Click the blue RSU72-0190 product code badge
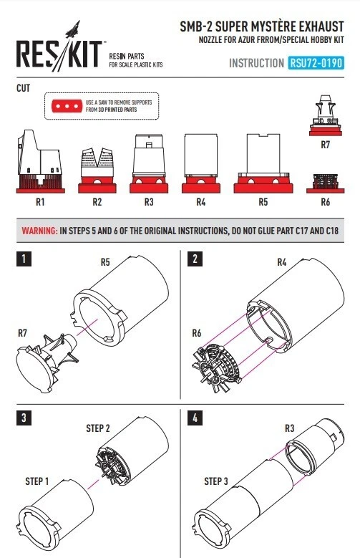pos(316,63)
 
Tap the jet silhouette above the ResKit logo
pos(73,29)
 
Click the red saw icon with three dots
pos(67,106)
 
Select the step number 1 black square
pos(24,259)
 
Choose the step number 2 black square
pos(195,259)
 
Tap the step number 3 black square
pos(24,418)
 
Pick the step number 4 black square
pos(195,418)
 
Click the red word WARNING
pos(39,231)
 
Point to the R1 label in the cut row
pos(40,202)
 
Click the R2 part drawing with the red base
pos(97,170)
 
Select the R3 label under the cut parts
pos(149,202)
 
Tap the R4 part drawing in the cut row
pos(201,164)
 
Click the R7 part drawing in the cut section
pos(326,115)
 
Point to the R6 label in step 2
pos(196,333)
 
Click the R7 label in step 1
pos(22,333)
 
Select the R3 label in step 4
pos(290,428)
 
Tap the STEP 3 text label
pos(216,481)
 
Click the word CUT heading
pos(23,88)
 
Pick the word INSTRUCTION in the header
pos(256,63)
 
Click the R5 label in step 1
pos(105,262)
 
